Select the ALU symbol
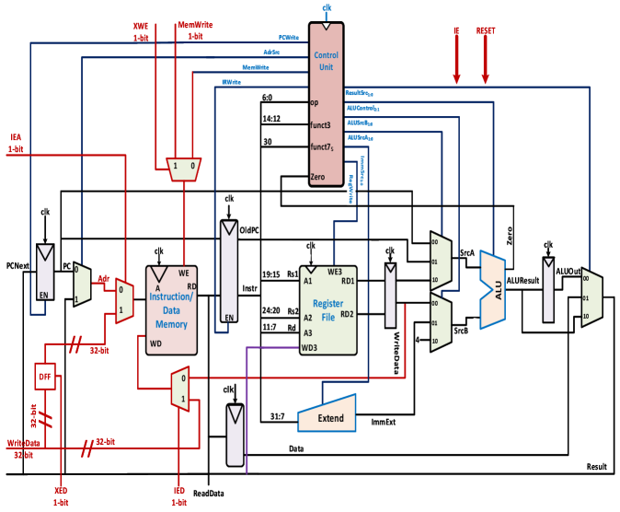pyautogui.click(x=494, y=290)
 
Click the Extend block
pyautogui.click(x=328, y=415)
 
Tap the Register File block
pyautogui.click(x=327, y=310)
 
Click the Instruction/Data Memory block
pyautogui.click(x=171, y=310)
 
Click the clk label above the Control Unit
pyautogui.click(x=327, y=9)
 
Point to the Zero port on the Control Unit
pyautogui.click(x=317, y=176)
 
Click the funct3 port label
pyautogui.click(x=320, y=124)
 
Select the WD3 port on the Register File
pyautogui.click(x=310, y=347)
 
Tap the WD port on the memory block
pyautogui.click(x=156, y=343)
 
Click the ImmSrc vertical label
pyautogui.click(x=362, y=170)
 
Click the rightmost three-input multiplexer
pyautogui.click(x=591, y=297)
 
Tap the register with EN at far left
pyautogui.click(x=44, y=276)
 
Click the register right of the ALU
pyautogui.click(x=548, y=290)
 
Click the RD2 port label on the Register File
pyautogui.click(x=347, y=314)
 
